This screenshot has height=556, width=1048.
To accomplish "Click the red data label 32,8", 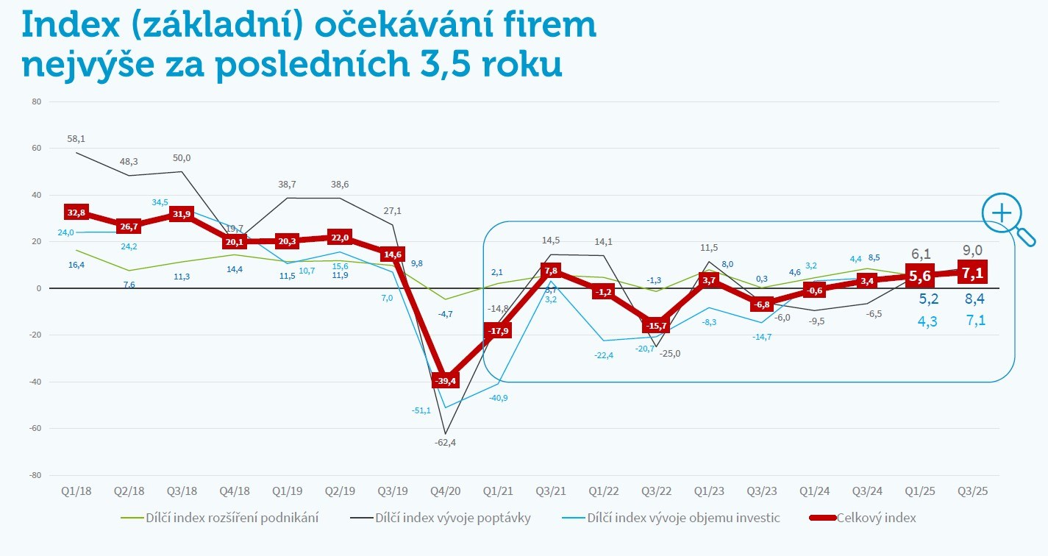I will (76, 212).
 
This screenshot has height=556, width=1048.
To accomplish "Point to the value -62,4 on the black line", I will (445, 442).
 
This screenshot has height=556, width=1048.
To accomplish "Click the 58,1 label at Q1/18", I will (76, 138).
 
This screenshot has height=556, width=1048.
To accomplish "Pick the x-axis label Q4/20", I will (446, 491).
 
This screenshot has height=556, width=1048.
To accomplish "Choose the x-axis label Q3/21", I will (551, 491).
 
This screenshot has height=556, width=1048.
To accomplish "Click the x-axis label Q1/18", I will (77, 491).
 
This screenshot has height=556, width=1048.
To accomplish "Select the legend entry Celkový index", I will (876, 518).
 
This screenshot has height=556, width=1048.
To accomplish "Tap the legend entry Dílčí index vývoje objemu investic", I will (684, 518).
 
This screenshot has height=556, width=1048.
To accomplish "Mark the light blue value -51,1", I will (421, 410).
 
